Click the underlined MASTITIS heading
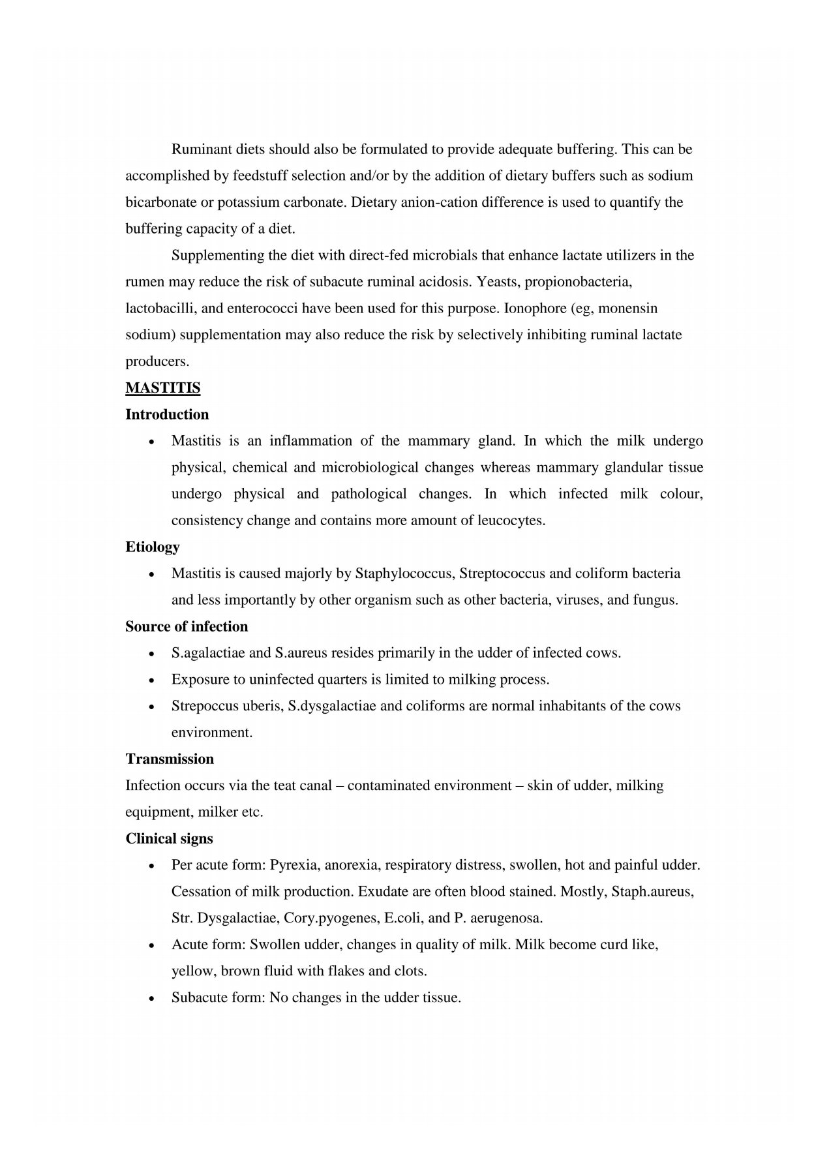[162, 388]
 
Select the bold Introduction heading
[167, 415]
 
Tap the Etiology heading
[153, 547]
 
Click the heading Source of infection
[187, 627]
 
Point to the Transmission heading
[170, 759]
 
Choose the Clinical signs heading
[169, 839]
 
